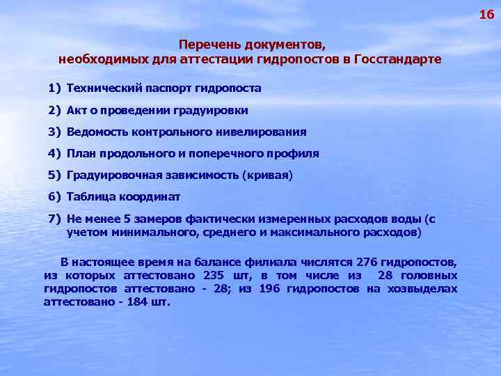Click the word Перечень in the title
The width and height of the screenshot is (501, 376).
coord(207,45)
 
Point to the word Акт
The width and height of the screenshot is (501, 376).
coord(77,110)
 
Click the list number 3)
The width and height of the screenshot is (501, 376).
coord(55,132)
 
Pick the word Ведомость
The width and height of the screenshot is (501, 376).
coord(96,132)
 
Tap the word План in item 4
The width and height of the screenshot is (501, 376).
coord(81,153)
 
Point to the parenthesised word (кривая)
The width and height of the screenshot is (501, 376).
coord(267,175)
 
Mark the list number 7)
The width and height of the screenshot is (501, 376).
coord(55,219)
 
